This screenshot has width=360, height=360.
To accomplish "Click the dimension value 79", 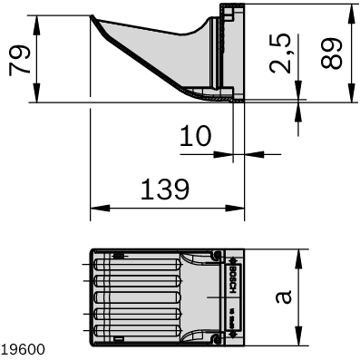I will (x=19, y=59).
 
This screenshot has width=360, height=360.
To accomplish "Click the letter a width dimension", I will (x=283, y=298).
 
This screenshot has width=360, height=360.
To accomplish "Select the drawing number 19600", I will (x=20, y=348).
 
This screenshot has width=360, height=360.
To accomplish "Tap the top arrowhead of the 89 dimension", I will (x=349, y=10).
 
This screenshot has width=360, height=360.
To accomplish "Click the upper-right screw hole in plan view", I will (x=217, y=256).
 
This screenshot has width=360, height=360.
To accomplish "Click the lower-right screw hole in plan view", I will (x=217, y=340).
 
